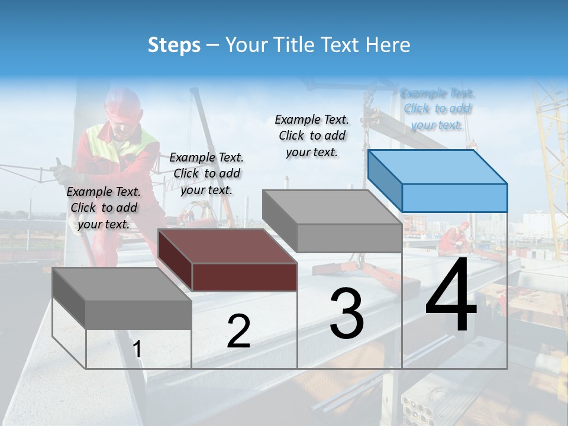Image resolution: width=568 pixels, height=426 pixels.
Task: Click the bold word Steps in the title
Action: click(x=174, y=45)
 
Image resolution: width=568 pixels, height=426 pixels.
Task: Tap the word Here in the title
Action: click(x=389, y=45)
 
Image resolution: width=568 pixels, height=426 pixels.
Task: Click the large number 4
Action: click(x=451, y=296)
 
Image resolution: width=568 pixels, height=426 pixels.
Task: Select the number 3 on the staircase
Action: click(x=347, y=314)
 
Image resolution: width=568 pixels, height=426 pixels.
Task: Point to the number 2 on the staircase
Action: click(x=238, y=332)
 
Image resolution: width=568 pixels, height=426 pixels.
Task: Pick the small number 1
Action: click(x=137, y=350)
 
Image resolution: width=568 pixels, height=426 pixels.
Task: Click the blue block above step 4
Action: click(x=438, y=180)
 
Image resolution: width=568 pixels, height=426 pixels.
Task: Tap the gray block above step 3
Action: click(x=333, y=221)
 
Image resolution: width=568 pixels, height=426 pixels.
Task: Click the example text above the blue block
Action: click(x=438, y=109)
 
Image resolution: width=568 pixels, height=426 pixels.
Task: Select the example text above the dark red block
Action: click(x=206, y=173)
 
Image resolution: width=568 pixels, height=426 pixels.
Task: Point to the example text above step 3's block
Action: click(x=312, y=135)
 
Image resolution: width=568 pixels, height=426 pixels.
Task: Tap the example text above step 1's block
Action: click(x=104, y=208)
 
